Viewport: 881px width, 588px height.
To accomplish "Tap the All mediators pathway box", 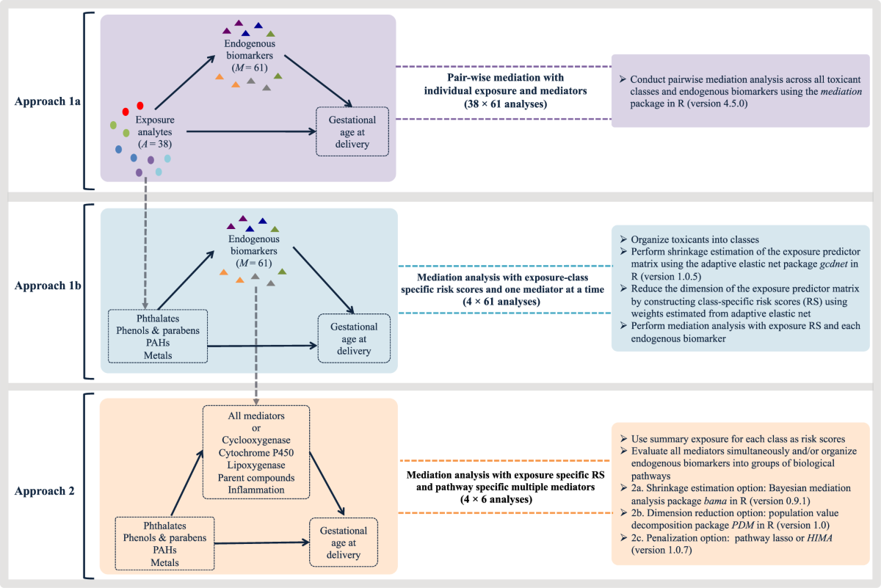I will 255,451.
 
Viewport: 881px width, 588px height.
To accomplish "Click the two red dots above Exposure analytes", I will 133,109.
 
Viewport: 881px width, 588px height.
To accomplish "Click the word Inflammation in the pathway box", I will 255,490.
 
